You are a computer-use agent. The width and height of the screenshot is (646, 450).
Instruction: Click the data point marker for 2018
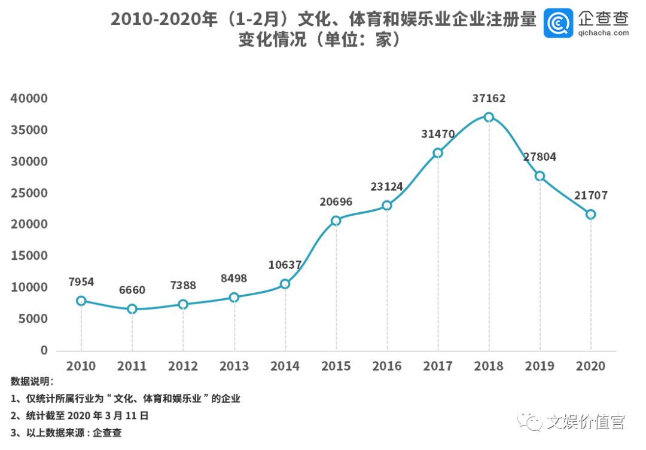[489, 117]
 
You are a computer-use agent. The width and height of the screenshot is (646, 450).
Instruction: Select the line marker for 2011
[132, 309]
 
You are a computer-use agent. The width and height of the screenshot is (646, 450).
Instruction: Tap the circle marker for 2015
[336, 221]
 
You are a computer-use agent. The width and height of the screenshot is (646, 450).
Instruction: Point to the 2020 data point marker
[591, 214]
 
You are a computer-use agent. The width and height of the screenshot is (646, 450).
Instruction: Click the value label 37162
[489, 99]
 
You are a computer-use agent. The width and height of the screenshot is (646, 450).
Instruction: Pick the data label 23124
[386, 187]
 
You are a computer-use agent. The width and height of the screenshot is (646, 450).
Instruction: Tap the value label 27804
[540, 157]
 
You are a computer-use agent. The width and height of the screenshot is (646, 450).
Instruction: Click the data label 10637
[285, 265]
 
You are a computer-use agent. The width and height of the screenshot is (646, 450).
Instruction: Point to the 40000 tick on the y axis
[30, 99]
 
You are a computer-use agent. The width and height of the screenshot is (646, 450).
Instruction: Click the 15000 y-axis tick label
[30, 256]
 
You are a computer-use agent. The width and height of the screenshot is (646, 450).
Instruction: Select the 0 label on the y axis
[44, 350]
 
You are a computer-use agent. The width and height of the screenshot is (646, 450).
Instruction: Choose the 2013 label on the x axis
[234, 366]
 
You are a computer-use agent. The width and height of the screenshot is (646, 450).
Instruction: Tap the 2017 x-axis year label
[438, 366]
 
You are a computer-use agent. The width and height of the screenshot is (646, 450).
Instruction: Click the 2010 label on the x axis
[81, 366]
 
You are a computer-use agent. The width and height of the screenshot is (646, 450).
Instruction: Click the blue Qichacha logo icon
[558, 23]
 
